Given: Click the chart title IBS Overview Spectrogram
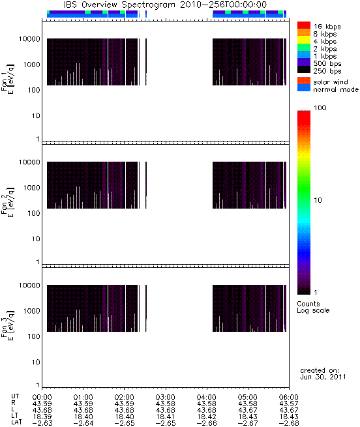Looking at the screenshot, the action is click(119, 5).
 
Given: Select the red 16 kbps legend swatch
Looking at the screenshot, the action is click(304, 25).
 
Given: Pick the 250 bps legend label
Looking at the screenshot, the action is click(327, 71).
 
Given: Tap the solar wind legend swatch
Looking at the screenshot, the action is click(304, 81).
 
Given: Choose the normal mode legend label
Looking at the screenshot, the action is click(336, 89).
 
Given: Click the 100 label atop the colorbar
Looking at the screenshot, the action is click(320, 108).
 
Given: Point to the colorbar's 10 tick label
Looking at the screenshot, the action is click(318, 200).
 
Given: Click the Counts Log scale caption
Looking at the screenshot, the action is click(313, 307).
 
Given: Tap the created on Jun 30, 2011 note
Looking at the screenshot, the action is click(323, 374).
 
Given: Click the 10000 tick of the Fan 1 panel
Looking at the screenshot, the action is click(29, 39).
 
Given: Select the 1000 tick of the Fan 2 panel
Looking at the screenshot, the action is click(31, 188).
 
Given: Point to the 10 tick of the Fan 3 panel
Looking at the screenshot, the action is click(36, 362).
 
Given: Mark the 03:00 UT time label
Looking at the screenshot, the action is click(166, 397).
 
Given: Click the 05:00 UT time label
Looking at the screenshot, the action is click(248, 397).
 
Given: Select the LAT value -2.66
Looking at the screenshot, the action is click(207, 424).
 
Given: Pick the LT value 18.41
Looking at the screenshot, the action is click(166, 417).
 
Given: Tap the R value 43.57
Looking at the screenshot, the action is click(289, 404).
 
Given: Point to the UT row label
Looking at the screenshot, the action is click(15, 396).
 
